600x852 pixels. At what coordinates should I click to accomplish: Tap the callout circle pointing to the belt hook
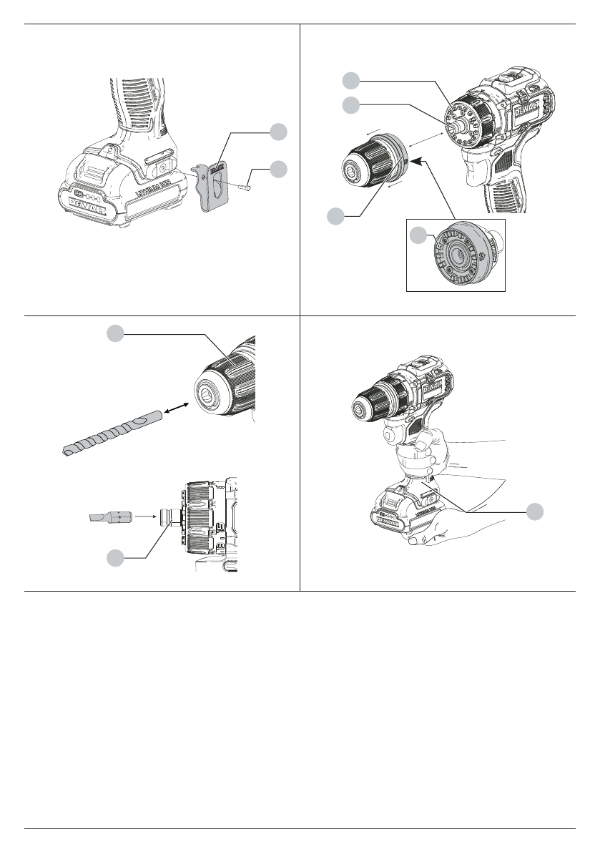tap(279, 131)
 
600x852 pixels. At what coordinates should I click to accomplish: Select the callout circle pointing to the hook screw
tap(279, 169)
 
